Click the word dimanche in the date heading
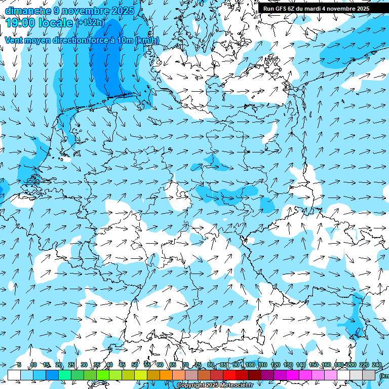coord(28,11)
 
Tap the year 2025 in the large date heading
coord(120,11)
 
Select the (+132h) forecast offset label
coord(90,22)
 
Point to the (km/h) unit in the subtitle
coord(147,41)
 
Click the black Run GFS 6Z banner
coord(316,9)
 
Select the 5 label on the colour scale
coord(19,365)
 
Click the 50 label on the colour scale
coord(134,365)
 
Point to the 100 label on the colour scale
coord(250,365)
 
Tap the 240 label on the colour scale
coord(376,365)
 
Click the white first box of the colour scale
coord(14,375)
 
